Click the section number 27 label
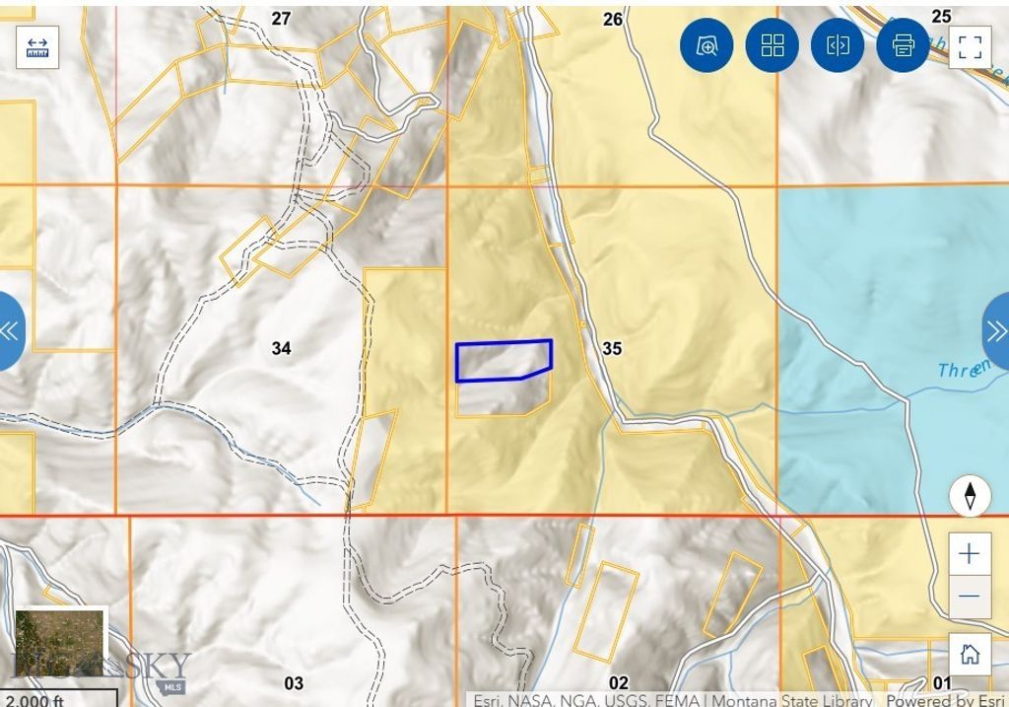[x=282, y=19]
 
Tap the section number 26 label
[x=612, y=20]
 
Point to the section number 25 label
[x=941, y=17]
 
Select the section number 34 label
[x=282, y=348]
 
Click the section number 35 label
[x=612, y=349]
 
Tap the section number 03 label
[x=294, y=683]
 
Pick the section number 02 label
[x=618, y=683]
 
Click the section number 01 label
[x=942, y=683]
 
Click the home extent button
[x=970, y=655]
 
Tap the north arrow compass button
[x=970, y=496]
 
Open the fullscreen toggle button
[x=970, y=46]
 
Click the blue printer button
[x=903, y=45]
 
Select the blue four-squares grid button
[x=773, y=45]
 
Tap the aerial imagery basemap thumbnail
[x=59, y=642]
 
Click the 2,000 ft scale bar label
[x=34, y=700]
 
